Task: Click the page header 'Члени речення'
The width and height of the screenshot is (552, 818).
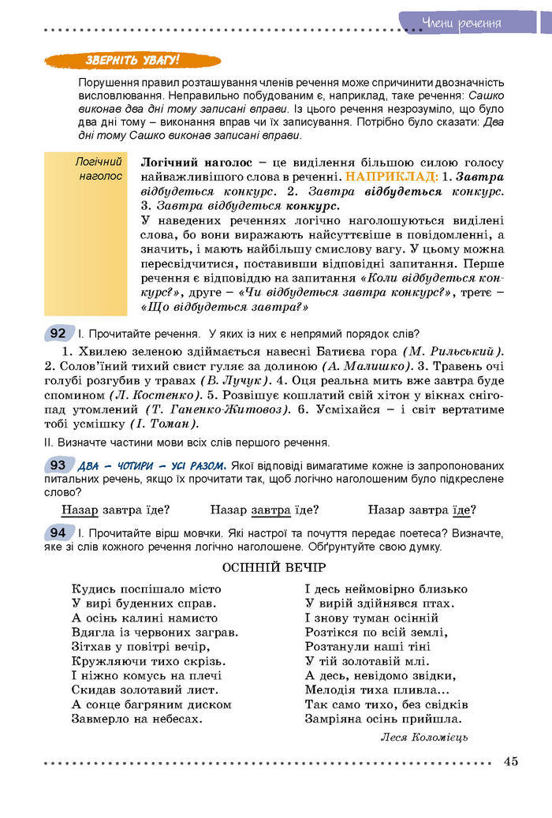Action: (461, 22)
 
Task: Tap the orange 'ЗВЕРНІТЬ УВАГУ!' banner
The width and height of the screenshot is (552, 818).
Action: (132, 61)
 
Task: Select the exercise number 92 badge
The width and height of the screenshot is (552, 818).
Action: (58, 333)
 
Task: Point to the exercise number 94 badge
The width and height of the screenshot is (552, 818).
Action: (58, 533)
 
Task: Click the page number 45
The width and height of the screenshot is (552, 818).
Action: (510, 761)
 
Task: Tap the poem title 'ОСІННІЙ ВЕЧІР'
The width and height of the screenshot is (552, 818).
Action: (274, 568)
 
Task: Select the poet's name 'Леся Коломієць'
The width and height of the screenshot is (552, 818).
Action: (424, 737)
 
